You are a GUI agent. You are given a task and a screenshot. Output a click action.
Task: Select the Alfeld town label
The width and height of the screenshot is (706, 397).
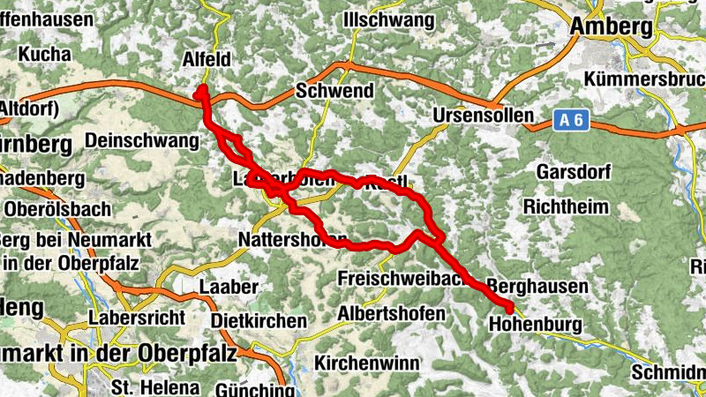[x=206, y=59]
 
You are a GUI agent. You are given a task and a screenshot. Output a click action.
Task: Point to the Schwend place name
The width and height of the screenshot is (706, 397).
[x=335, y=91]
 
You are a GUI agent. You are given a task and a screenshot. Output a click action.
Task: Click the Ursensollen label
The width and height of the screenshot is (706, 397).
[x=484, y=116]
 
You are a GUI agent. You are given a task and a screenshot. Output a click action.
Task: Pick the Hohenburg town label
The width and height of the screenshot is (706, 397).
[x=535, y=325]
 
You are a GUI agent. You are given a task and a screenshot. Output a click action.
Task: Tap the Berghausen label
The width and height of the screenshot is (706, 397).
[x=537, y=287]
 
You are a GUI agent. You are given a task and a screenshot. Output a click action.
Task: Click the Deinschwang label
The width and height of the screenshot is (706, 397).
[x=142, y=140]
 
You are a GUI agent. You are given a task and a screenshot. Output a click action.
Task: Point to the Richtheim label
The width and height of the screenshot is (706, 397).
[x=567, y=207]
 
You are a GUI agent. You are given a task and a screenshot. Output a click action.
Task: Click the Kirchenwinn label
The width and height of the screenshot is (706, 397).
[x=364, y=363]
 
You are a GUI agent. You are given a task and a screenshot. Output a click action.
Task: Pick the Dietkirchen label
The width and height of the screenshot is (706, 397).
[x=259, y=319]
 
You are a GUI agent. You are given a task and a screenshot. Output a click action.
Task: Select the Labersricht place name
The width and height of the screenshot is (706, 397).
[x=135, y=318]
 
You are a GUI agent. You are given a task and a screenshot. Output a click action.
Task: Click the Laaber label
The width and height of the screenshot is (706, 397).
[x=229, y=287]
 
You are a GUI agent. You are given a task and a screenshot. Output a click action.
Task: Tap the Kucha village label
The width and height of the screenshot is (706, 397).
[x=43, y=54]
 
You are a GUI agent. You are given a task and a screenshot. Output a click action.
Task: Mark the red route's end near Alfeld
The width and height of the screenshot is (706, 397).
[x=202, y=90]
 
